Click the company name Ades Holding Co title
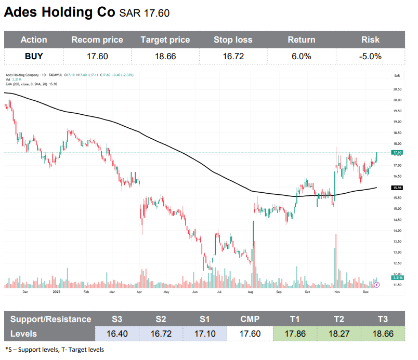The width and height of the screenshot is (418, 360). (60, 13)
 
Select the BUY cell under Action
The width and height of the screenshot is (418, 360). (34, 56)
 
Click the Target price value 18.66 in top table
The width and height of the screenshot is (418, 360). (165, 56)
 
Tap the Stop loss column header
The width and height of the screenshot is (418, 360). (233, 39)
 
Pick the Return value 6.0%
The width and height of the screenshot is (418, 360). (301, 56)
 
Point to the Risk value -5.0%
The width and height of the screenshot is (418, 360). (370, 56)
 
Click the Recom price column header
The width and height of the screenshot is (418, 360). (97, 39)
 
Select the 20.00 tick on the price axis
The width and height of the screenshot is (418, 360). (398, 100)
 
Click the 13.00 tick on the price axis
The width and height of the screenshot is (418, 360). (398, 252)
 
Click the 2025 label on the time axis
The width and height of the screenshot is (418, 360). (57, 292)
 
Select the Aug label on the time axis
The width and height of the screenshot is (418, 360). (251, 292)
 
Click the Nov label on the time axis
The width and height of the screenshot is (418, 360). (337, 292)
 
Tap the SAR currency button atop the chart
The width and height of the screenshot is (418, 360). (397, 76)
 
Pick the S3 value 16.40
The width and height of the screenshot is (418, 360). (117, 334)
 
